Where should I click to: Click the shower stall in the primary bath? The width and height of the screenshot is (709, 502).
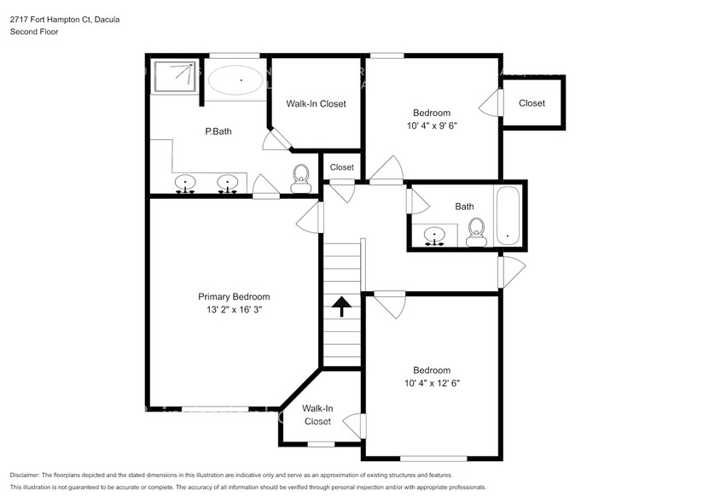pyautogui.click(x=174, y=75)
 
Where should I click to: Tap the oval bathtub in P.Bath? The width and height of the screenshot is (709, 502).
pyautogui.click(x=236, y=80)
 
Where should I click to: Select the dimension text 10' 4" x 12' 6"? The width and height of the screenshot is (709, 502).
pyautogui.click(x=432, y=383)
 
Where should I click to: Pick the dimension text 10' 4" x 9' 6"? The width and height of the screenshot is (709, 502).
pyautogui.click(x=432, y=126)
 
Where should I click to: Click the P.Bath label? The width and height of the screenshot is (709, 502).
pyautogui.click(x=218, y=131)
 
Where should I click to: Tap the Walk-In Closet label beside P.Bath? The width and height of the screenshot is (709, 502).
pyautogui.click(x=316, y=103)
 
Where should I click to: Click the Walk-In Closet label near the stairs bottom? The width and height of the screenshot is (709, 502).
pyautogui.click(x=317, y=415)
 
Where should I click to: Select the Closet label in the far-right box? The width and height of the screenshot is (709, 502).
pyautogui.click(x=532, y=103)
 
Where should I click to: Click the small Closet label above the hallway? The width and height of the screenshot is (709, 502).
pyautogui.click(x=341, y=167)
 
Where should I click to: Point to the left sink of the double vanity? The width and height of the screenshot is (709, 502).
pyautogui.click(x=185, y=184)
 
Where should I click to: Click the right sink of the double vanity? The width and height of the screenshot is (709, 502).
pyautogui.click(x=227, y=184)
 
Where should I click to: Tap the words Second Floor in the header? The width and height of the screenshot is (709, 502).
pyautogui.click(x=32, y=32)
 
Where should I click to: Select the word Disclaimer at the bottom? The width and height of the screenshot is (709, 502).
pyautogui.click(x=29, y=475)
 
